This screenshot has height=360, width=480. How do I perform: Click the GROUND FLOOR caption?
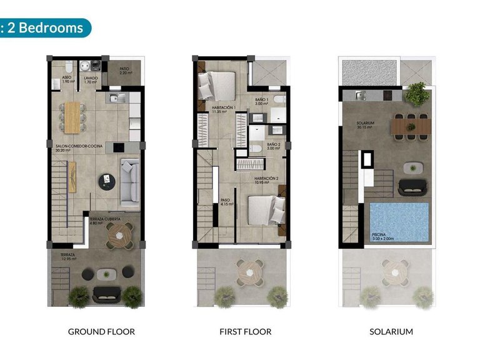click(101, 331)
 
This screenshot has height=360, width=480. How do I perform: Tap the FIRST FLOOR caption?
click(245, 331)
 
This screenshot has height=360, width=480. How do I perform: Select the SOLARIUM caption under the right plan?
click(391, 331)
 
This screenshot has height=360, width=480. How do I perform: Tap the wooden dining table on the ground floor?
click(73, 117)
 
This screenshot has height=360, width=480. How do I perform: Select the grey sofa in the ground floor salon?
click(129, 182)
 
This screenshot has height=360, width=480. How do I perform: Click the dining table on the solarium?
click(411, 126)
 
